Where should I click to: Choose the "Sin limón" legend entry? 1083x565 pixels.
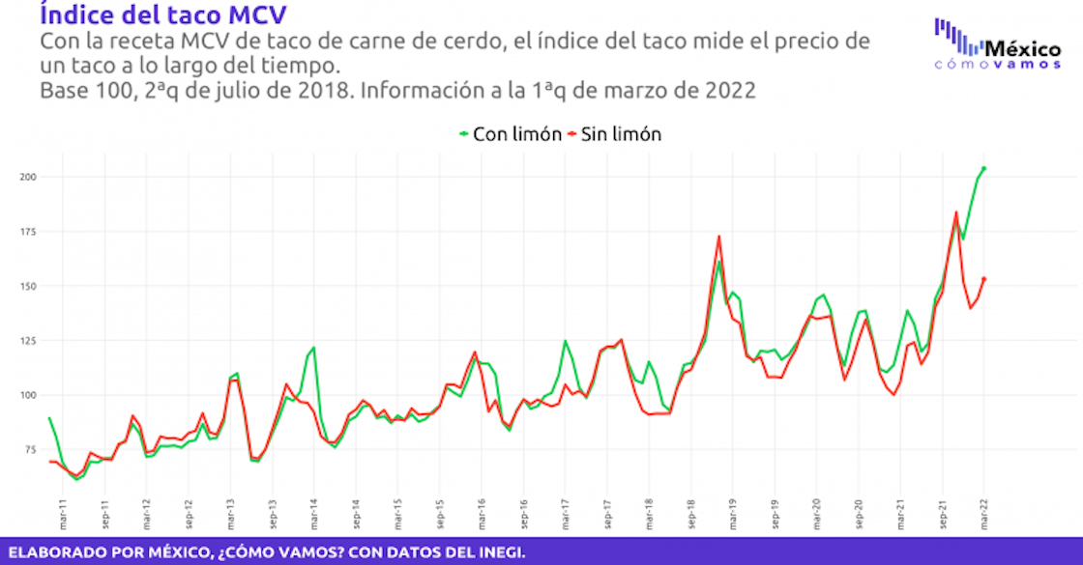pyautogui.click(x=615, y=134)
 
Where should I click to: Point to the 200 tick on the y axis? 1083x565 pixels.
pyautogui.click(x=28, y=177)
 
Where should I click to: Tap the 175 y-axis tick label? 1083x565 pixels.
pyautogui.click(x=28, y=232)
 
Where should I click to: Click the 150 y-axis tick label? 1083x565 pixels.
pyautogui.click(x=28, y=286)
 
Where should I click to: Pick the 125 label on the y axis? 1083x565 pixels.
pyautogui.click(x=28, y=341)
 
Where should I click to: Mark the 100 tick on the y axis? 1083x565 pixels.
pyautogui.click(x=28, y=395)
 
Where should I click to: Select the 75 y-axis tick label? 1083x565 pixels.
pyautogui.click(x=30, y=450)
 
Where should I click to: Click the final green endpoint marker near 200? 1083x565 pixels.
pyautogui.click(x=983, y=168)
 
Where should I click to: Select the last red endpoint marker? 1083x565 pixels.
pyautogui.click(x=983, y=279)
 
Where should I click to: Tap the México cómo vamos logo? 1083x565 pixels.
pyautogui.click(x=997, y=44)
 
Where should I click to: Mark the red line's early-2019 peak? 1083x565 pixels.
pyautogui.click(x=719, y=237)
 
